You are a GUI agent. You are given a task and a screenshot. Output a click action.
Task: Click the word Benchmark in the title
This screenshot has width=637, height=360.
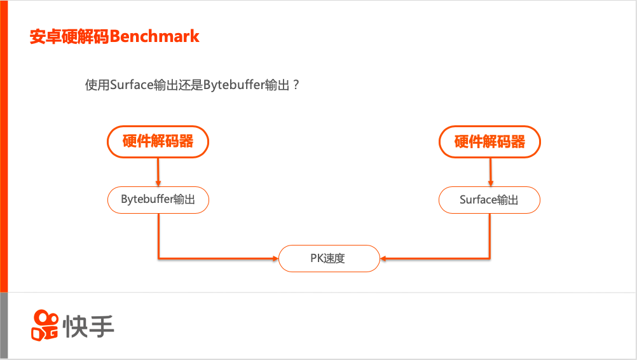tap(154, 36)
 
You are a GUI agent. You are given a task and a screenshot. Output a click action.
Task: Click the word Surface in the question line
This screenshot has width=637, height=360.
tap(132, 85)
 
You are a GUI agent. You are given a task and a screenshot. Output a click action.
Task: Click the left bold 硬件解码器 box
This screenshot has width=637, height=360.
tap(158, 141)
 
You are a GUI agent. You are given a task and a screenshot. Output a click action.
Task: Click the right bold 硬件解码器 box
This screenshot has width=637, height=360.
tap(490, 141)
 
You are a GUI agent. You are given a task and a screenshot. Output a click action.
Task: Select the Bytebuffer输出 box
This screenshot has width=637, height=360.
tap(158, 200)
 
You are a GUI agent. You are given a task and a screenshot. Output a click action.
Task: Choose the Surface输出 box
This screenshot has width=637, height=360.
tap(490, 200)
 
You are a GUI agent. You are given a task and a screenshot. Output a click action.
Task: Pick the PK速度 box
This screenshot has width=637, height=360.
tap(329, 258)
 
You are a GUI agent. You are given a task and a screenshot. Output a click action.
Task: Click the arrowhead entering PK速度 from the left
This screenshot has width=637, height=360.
tap(275, 258)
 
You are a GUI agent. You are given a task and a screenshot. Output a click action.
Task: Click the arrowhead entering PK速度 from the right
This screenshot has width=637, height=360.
tap(384, 258)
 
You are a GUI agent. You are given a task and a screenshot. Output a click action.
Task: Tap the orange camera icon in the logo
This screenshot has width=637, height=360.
tap(45, 324)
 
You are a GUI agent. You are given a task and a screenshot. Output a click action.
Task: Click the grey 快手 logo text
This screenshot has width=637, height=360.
tap(88, 326)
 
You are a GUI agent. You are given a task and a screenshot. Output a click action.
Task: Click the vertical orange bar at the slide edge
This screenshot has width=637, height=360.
tap(4, 146)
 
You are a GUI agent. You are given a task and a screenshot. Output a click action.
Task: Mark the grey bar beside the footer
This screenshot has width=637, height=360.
tap(4, 324)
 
